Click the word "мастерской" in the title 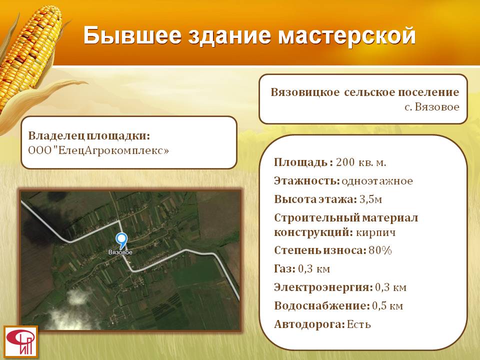pyautogui.click(x=346, y=35)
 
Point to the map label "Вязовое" pyautogui.click(x=120, y=252)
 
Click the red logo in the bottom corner pyautogui.click(x=21, y=341)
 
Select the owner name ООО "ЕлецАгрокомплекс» pyautogui.click(x=98, y=150)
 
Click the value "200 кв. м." pyautogui.click(x=361, y=162)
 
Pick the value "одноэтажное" pyautogui.click(x=377, y=181)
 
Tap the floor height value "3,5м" pyautogui.click(x=370, y=199)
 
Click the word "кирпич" pyautogui.click(x=376, y=232)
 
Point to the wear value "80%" pyautogui.click(x=380, y=250)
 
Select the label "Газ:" pyautogui.click(x=284, y=269)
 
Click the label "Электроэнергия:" pyautogui.click(x=323, y=287)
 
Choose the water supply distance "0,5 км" pyautogui.click(x=387, y=306)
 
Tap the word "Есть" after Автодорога pyautogui.click(x=359, y=324)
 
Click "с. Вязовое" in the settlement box pyautogui.click(x=432, y=107)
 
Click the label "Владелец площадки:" pyautogui.click(x=89, y=135)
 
